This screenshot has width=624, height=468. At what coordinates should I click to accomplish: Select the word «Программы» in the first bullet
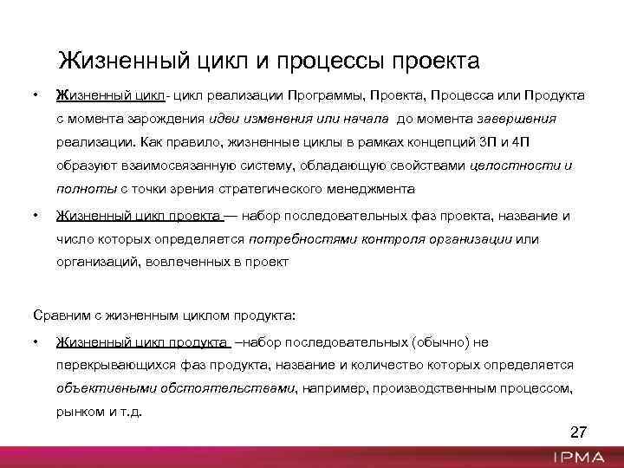pyautogui.click(x=331, y=93)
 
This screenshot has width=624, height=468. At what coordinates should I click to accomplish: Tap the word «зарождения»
pyautogui.click(x=160, y=117)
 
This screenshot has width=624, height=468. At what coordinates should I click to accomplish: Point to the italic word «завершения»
pyautogui.click(x=517, y=117)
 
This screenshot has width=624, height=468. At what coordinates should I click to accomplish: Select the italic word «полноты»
pyautogui.click(x=86, y=189)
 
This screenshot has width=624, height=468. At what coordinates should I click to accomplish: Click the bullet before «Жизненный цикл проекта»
pyautogui.click(x=36, y=215)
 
